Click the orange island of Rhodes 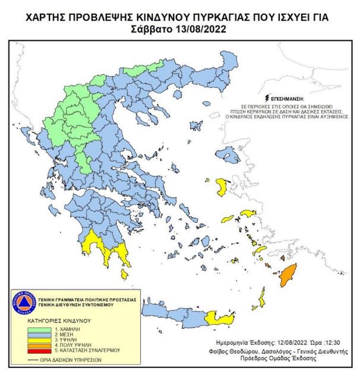click(x=288, y=275)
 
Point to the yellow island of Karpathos click(x=262, y=299)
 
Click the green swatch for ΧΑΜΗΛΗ click(x=36, y=329)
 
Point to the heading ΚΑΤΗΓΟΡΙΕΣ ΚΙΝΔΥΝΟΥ click(x=50, y=320)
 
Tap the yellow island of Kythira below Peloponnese click(x=124, y=274)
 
